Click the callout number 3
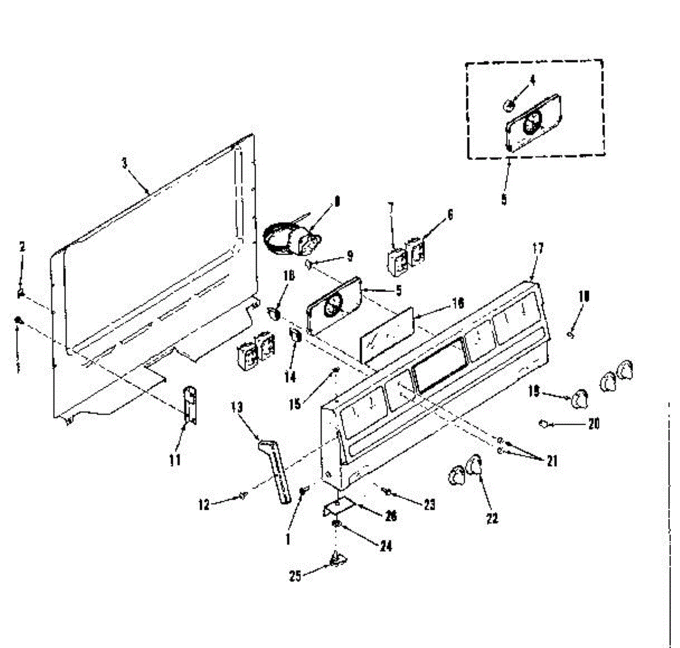pyautogui.click(x=125, y=163)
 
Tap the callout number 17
pyautogui.click(x=538, y=247)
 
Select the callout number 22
pyautogui.click(x=492, y=518)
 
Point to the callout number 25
pyautogui.click(x=295, y=577)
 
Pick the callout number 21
pyautogui.click(x=551, y=461)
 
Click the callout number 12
pyautogui.click(x=204, y=504)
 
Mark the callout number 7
pyautogui.click(x=390, y=207)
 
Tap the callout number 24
pyautogui.click(x=385, y=546)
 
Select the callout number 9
pyautogui.click(x=350, y=256)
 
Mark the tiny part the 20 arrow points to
pyautogui.click(x=542, y=423)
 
